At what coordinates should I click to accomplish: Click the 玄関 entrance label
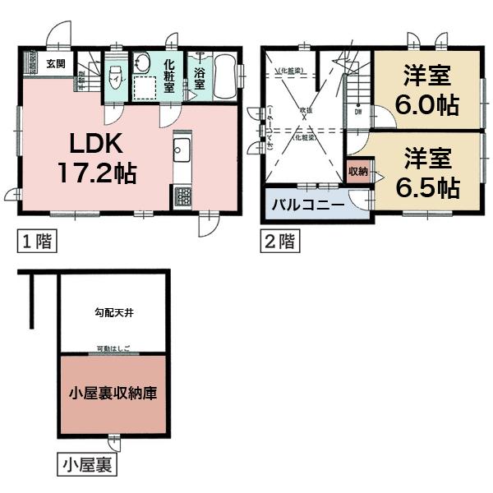56,63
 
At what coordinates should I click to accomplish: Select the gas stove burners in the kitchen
182,197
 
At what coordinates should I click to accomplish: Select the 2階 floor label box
277,242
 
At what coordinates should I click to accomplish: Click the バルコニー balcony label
302,205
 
